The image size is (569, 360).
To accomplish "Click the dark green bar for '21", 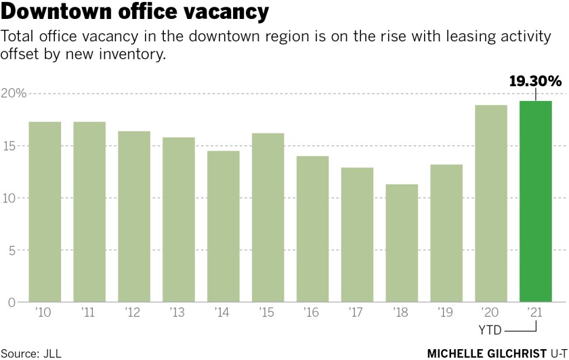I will click(536, 201).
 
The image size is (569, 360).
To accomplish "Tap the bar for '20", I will click(491, 203).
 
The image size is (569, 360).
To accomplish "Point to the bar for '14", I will click(223, 226).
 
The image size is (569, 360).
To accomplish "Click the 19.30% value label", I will click(535, 82).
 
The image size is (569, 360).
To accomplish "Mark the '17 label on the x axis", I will click(356, 314).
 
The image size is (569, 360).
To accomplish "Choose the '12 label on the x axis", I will click(133, 314).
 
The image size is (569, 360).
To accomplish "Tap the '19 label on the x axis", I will click(446, 314).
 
